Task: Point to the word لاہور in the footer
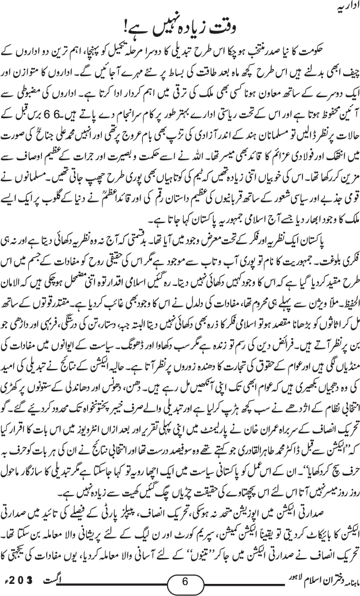click(x=241, y=583)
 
